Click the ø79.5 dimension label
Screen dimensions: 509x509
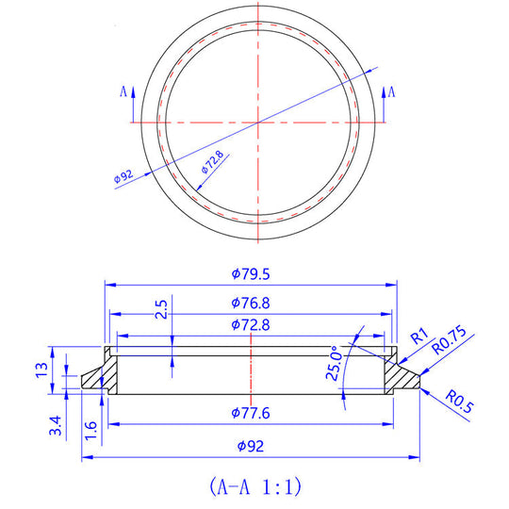[x=251, y=273]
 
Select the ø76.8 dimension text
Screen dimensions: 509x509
[x=251, y=304]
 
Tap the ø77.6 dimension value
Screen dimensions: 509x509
[x=251, y=413]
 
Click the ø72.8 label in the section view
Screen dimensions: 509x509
[x=251, y=325]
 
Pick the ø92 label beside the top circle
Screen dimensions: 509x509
[x=122, y=177]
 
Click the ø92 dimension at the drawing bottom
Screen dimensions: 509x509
[x=251, y=445]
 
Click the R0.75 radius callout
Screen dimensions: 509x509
[x=452, y=339]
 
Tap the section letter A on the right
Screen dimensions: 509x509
[x=391, y=90]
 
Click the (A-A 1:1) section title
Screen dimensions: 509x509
[x=254, y=486]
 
